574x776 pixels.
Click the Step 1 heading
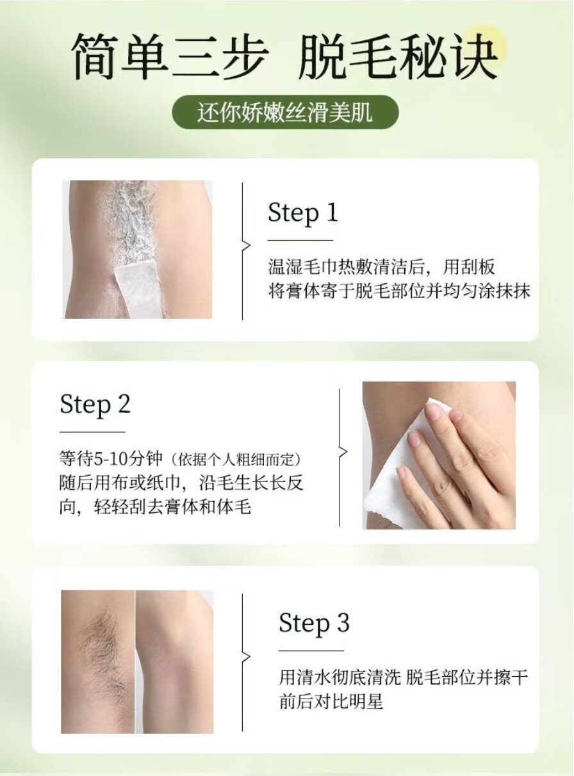click(302, 213)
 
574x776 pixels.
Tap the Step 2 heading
click(95, 405)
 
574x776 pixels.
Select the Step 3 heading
click(314, 624)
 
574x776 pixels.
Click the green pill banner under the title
click(285, 112)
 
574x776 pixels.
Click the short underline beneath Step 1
click(300, 240)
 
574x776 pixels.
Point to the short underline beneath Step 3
click(311, 651)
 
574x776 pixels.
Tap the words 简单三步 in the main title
click(171, 56)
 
